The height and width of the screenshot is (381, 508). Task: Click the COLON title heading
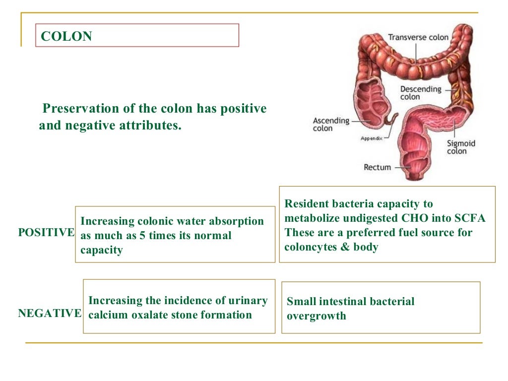pos(66,36)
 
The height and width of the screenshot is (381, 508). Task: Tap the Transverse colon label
pos(418,37)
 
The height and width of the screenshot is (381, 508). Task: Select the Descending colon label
pos(420,93)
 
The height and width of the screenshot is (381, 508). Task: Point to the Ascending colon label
pos(331,124)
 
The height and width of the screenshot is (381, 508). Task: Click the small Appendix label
pos(371,139)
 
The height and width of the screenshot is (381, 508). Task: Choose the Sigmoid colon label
pos(460,147)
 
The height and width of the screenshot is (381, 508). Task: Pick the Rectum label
pos(377,167)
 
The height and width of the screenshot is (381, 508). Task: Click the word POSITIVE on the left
pos(46,233)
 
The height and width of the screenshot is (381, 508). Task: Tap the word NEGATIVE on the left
pos(50,313)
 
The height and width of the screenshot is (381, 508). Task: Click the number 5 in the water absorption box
pos(142,236)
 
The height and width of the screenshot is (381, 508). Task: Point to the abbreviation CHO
pos(424,218)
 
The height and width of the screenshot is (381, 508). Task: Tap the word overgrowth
pos(316,316)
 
